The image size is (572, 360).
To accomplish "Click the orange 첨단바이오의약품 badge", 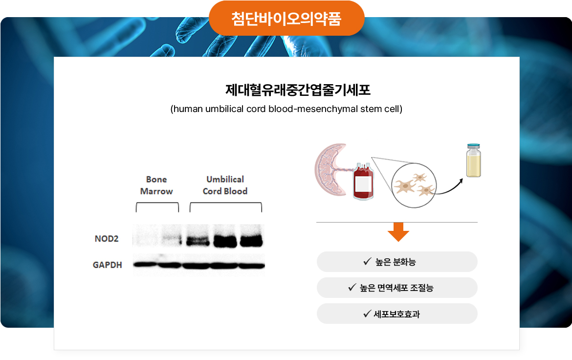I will pos(286,19).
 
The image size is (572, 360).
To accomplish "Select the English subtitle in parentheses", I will pos(286,109).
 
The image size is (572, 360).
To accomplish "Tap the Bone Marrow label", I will pos(156,185).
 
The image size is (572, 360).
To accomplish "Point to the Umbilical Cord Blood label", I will pos(225,185).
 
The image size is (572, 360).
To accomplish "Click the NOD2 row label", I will pos(106,239).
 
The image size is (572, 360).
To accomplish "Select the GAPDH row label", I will pos(107,265).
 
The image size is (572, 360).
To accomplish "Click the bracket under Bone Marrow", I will pos(157,207).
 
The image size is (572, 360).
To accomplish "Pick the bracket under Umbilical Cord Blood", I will pos(226,207).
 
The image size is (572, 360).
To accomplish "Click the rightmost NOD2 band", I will pos(251,241).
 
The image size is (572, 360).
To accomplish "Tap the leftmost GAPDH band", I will pos(145,265).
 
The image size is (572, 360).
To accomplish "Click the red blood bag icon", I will pos(363,181).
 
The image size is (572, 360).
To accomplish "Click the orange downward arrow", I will pos(398,232).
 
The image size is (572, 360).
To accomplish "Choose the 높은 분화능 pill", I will pos(397,262).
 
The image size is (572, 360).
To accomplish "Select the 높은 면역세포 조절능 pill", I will pos(397,288).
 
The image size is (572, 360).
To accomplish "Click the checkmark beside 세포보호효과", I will pos(367,314).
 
